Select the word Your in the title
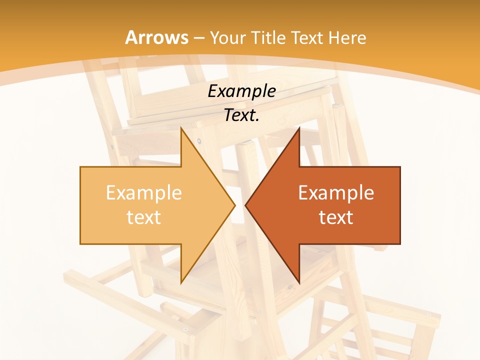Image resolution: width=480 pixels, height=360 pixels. tap(228, 38)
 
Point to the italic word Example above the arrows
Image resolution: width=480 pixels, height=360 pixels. tap(241, 91)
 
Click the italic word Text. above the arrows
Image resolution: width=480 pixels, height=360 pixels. tap(241, 115)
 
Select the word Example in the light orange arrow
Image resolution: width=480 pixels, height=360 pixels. tap(143, 192)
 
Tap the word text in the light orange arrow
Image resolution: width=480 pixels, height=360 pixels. tap(143, 217)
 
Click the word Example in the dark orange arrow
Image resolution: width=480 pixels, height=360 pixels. tap(336, 192)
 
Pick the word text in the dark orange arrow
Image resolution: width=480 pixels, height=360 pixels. tap(336, 217)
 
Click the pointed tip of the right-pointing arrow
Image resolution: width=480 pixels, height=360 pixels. tap(235, 205)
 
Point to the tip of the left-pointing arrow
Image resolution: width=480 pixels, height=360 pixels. tap(245, 205)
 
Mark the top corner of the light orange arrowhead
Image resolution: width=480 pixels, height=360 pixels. tap(181, 128)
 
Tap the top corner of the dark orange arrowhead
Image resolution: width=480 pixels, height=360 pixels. tap(299, 128)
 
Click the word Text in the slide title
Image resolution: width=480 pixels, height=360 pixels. tap(306, 38)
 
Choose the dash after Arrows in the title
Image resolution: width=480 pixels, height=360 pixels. tap(198, 38)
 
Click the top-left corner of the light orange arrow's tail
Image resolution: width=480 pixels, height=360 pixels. tap(80, 167)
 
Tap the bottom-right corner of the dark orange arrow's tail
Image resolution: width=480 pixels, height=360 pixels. tap(400, 244)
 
